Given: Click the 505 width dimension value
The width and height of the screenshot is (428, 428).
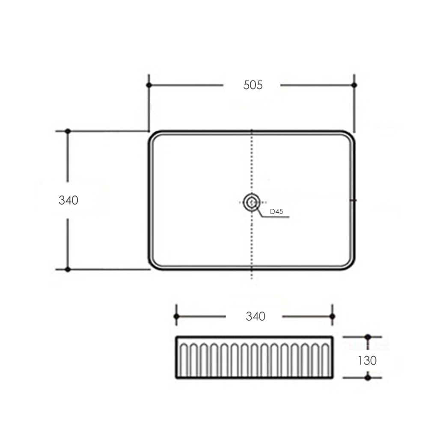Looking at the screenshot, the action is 253,85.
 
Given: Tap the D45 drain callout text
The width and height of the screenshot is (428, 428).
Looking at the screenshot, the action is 276,211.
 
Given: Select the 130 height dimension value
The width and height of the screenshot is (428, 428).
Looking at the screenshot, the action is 367,360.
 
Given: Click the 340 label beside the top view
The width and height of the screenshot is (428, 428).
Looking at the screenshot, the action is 68,200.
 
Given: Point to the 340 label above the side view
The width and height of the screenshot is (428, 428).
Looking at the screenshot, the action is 256,316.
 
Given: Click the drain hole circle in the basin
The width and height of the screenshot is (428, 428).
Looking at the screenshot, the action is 251,202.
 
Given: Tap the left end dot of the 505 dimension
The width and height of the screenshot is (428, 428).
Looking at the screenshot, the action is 149,85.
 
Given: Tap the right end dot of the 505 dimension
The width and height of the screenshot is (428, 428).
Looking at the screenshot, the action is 354,85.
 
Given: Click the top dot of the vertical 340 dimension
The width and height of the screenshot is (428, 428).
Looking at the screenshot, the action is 68,131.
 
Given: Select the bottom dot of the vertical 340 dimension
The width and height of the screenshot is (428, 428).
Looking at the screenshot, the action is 68,269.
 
